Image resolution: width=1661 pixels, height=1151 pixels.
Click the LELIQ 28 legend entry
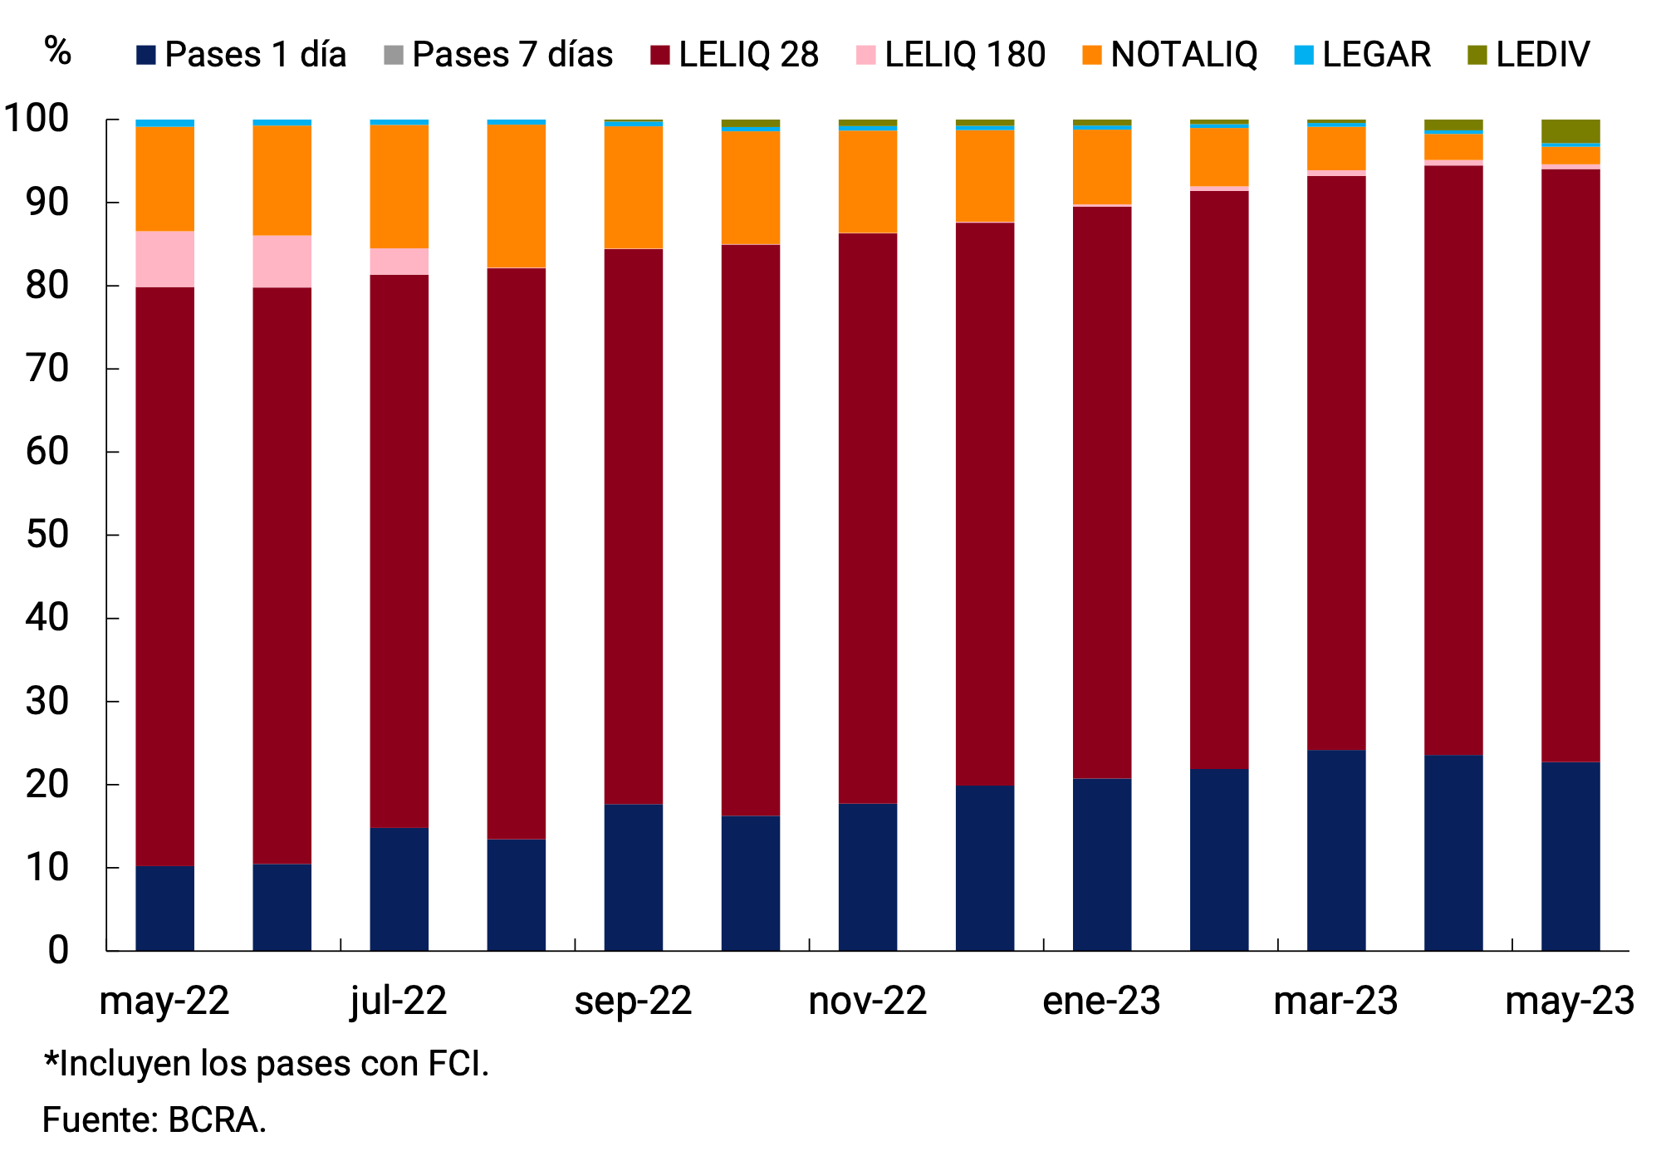(736, 55)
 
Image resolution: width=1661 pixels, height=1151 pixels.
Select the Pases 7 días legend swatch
(393, 55)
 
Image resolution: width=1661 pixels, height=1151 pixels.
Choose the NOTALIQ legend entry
(1171, 55)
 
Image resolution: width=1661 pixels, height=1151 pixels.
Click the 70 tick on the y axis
(47, 369)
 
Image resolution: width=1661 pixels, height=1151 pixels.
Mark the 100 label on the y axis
(37, 119)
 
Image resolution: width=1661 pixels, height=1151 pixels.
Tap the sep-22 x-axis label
(633, 1001)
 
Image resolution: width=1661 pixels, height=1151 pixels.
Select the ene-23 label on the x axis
(1101, 1001)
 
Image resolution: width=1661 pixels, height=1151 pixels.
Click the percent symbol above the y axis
(57, 51)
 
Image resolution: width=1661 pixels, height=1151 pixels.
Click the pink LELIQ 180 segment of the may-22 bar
(164, 259)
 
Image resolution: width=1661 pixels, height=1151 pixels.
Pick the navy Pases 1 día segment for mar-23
(1336, 850)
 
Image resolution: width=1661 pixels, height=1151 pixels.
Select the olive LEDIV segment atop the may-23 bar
(1570, 131)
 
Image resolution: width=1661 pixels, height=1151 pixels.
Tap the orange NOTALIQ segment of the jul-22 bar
(399, 186)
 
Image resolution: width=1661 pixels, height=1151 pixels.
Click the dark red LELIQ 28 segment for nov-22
(867, 518)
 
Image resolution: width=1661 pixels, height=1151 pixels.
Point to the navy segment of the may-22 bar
(164, 909)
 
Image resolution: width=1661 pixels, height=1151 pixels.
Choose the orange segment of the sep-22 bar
(633, 187)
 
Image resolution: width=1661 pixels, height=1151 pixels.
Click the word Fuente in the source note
(96, 1120)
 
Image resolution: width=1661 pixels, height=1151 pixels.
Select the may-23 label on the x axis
(1570, 1001)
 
